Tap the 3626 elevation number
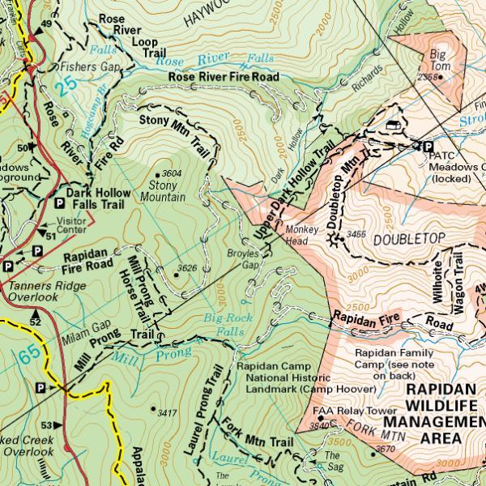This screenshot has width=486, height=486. point(188,269)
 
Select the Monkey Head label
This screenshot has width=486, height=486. point(301,235)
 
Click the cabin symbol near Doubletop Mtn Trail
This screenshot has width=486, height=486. point(394,124)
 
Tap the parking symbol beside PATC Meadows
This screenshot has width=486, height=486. point(426,146)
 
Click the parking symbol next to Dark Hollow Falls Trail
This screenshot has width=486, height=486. point(58,204)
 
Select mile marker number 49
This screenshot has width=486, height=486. point(46,24)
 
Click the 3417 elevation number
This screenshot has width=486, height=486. point(167,413)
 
